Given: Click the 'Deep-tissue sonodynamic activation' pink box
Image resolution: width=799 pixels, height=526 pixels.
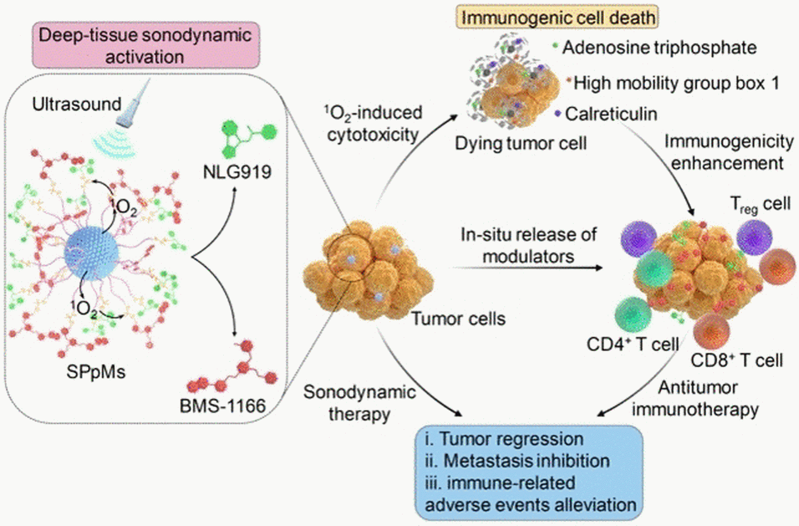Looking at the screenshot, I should pos(145,46).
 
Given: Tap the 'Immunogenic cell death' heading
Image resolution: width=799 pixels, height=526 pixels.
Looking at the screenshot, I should pos(557,17).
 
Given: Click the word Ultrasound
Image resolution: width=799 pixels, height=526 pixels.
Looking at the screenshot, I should pos(77,104).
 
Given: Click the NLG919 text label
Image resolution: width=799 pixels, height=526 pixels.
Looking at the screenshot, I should pos(237,171).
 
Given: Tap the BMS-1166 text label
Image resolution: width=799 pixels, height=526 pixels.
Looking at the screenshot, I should pos(223,406).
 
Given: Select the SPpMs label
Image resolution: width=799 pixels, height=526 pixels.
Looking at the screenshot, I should pos(96,372).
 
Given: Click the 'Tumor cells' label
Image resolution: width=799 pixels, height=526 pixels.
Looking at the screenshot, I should pos(458,319).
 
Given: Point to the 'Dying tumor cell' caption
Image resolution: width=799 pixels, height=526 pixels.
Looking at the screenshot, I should pos(521,143).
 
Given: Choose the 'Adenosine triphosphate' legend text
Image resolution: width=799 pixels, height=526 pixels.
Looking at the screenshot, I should pos(659,48).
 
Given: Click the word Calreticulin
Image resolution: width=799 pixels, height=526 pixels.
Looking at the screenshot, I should pos(611,114).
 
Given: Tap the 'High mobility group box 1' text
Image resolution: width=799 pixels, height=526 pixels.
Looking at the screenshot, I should pos(676,83).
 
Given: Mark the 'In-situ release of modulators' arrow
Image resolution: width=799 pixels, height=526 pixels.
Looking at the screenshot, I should pos(526,268).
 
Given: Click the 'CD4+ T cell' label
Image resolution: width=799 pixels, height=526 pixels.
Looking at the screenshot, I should pos(633,345).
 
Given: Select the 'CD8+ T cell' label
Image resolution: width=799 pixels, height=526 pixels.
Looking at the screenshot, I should pos(736,360).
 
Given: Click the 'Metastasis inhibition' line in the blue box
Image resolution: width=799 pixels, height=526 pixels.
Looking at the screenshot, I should pos(517,461).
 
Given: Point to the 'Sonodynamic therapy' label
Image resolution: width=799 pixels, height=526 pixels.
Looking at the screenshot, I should pos(359,403).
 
